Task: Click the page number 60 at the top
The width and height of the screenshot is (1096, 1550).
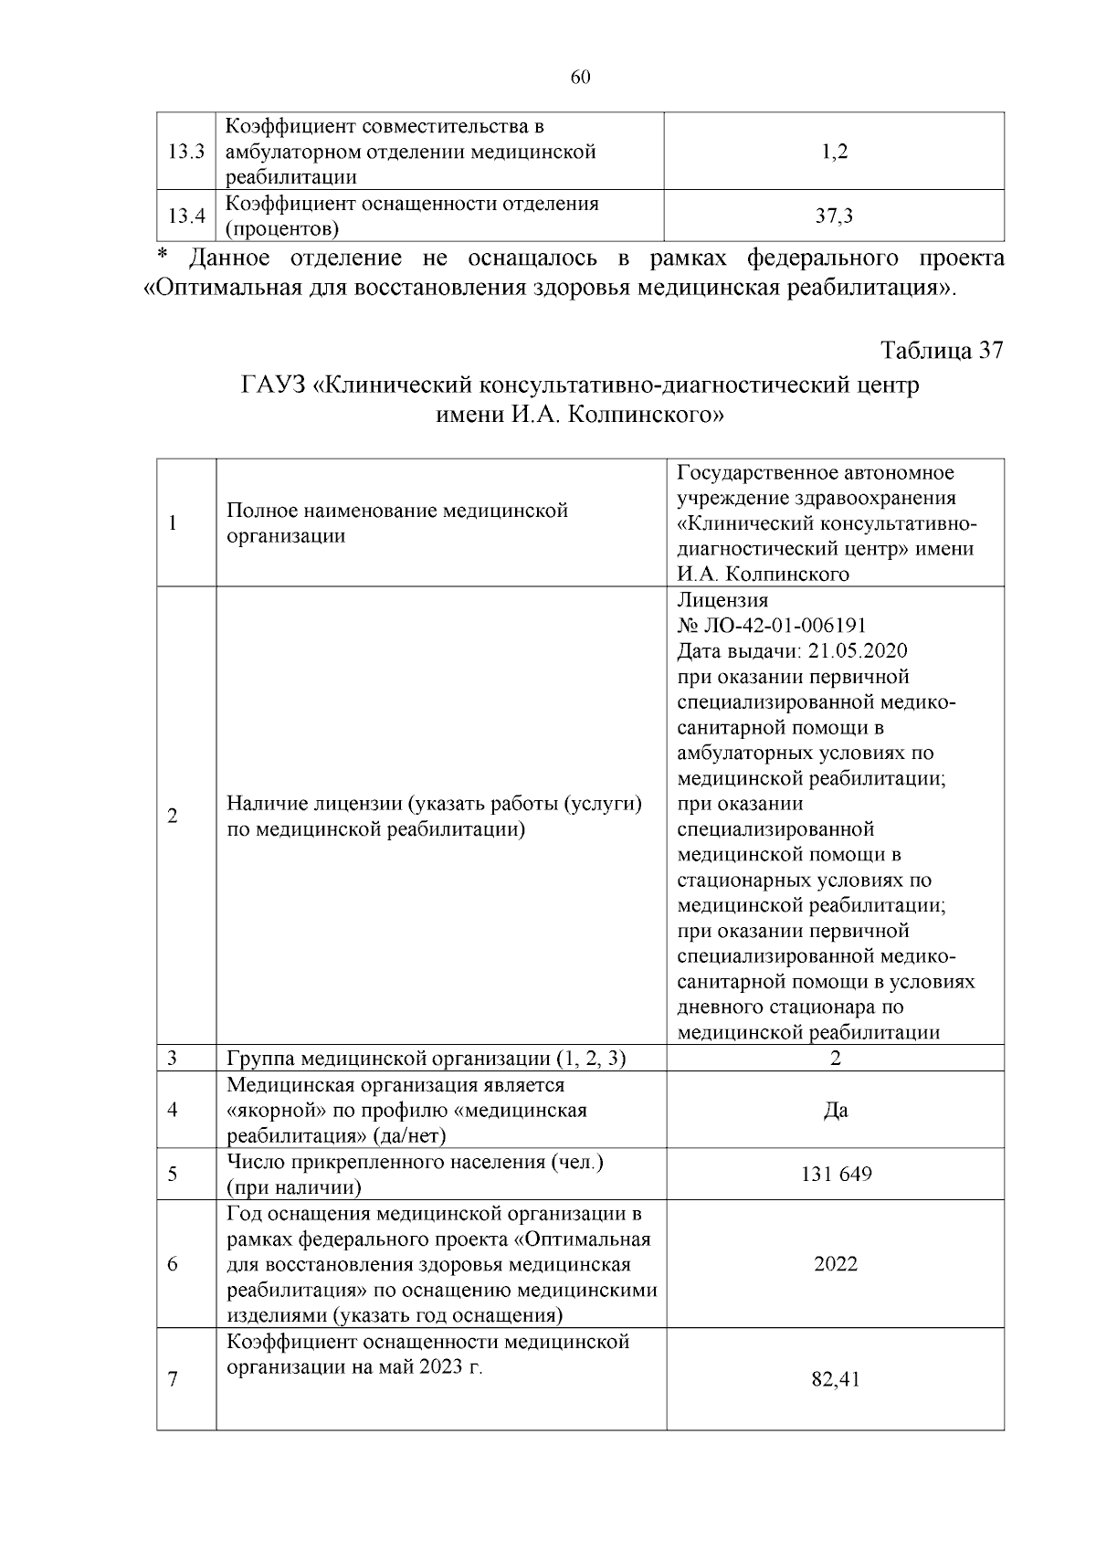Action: click(x=581, y=77)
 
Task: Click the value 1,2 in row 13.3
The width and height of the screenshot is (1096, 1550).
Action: click(x=835, y=152)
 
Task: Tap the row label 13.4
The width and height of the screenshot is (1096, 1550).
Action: click(x=186, y=216)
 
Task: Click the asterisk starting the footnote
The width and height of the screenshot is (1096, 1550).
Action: click(x=163, y=255)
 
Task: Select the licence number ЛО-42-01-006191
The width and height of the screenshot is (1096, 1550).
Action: click(x=783, y=626)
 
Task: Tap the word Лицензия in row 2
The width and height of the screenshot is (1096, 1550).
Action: click(x=722, y=600)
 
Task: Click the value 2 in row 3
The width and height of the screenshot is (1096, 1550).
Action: click(x=835, y=1059)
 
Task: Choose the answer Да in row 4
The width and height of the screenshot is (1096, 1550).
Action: click(x=835, y=1111)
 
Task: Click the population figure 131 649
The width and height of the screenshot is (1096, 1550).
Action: click(x=835, y=1174)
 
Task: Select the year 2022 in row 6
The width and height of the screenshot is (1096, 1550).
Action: click(x=835, y=1264)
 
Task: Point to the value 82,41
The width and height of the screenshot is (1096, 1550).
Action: click(x=835, y=1379)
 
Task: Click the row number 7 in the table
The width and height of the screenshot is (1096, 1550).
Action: click(x=173, y=1379)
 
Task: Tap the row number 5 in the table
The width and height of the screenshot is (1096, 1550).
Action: click(x=173, y=1174)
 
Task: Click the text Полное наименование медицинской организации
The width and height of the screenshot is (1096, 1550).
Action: click(x=396, y=522)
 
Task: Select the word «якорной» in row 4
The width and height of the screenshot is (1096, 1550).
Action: click(x=273, y=1111)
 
